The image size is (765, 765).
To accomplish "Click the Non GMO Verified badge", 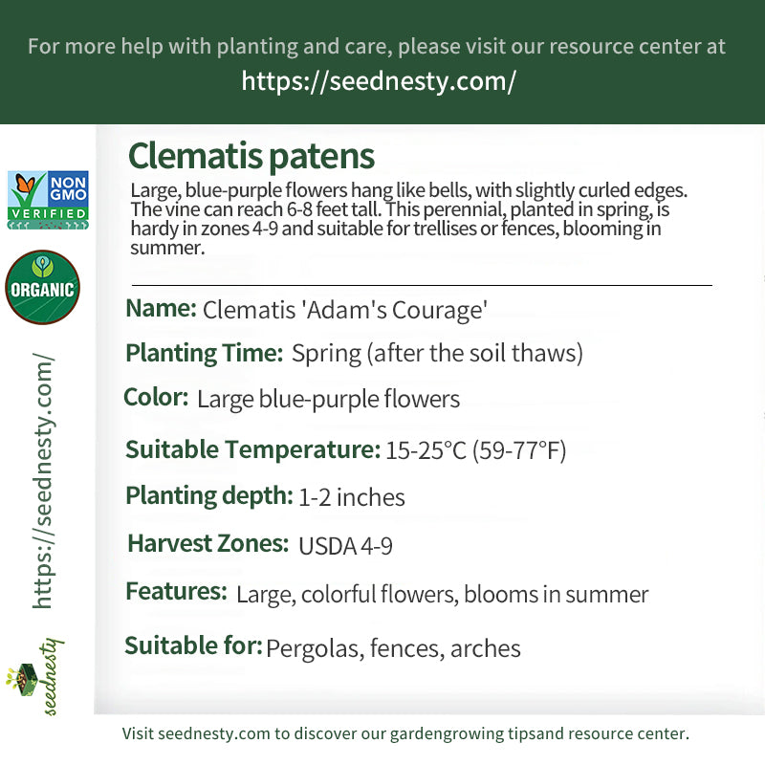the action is point(48,200).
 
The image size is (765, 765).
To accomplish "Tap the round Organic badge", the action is point(42,288).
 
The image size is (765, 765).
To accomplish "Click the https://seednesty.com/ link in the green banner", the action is point(379,81).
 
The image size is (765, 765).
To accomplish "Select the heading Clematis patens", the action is point(251,156).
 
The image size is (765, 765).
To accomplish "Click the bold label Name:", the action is point(161,308).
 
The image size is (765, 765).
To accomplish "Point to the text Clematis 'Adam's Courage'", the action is point(345,310).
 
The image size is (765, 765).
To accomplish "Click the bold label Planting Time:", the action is point(205,353).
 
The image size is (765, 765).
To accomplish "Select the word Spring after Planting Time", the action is point(326,354).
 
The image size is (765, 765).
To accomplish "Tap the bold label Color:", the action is point(156,397).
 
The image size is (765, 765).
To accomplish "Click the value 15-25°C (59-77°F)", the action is point(475,449).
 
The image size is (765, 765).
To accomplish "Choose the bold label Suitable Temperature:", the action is point(252,449).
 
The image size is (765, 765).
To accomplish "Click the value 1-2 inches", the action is point(351,497).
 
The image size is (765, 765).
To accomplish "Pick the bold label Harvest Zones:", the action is point(208,543).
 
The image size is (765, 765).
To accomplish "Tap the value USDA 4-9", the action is point(345,546).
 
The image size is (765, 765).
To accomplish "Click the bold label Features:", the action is point(177,591).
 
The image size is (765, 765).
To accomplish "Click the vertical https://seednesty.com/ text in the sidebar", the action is point(43,481).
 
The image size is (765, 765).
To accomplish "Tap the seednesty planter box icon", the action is point(21,679).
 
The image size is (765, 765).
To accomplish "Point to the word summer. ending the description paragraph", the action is point(167,248).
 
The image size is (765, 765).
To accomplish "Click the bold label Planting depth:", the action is point(209,495).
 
